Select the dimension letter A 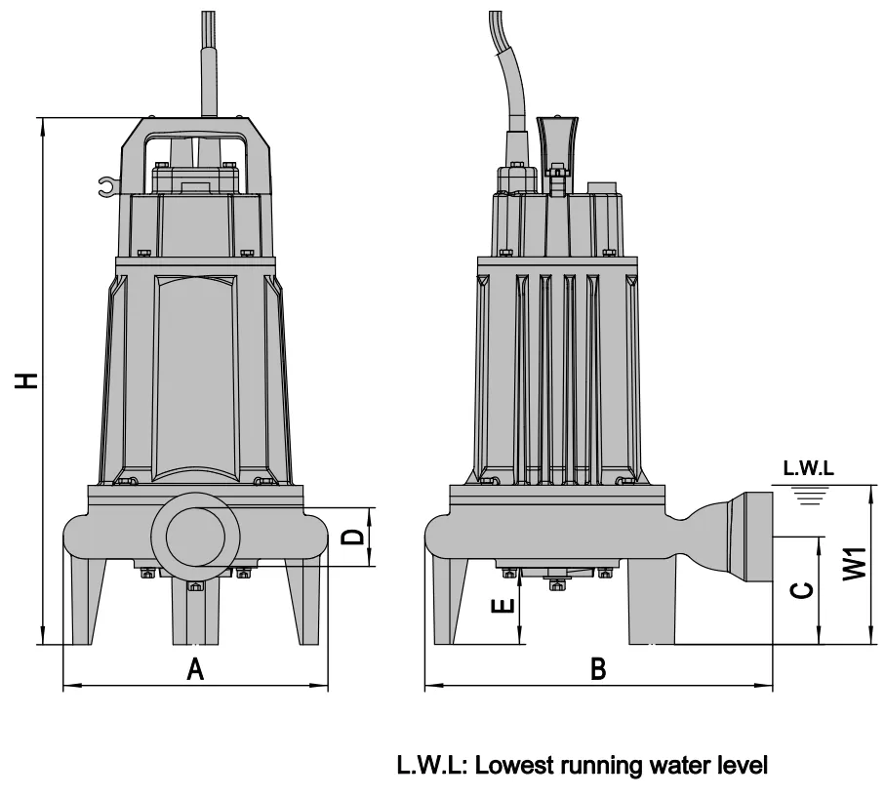196,669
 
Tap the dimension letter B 599,669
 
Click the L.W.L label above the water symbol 808,469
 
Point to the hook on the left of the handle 105,184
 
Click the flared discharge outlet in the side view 742,537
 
